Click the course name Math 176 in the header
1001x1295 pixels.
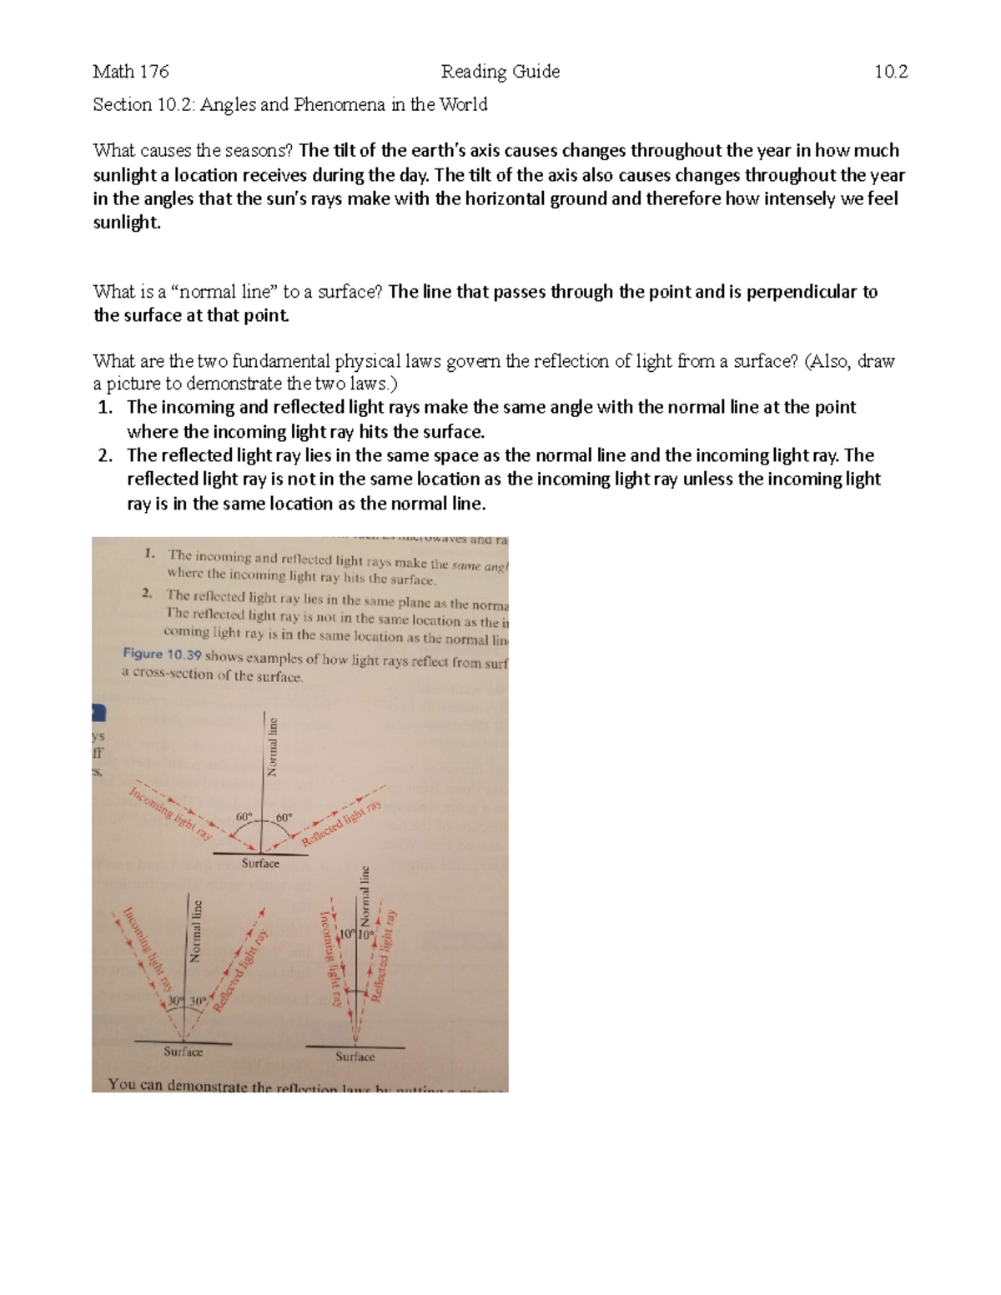[x=130, y=72]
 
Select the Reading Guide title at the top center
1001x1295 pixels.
[x=500, y=72]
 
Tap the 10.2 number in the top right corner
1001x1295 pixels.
[x=890, y=72]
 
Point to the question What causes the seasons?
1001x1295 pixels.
[x=194, y=151]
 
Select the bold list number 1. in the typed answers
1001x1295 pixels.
[x=105, y=408]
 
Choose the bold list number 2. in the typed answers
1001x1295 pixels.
[x=105, y=455]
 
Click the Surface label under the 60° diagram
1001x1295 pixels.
[x=260, y=864]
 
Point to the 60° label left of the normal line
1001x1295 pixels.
[x=244, y=817]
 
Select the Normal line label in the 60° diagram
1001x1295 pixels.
[x=271, y=745]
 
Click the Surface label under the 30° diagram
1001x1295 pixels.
[x=183, y=1052]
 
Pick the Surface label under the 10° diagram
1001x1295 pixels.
[x=355, y=1057]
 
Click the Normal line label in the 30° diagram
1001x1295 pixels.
[x=196, y=931]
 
